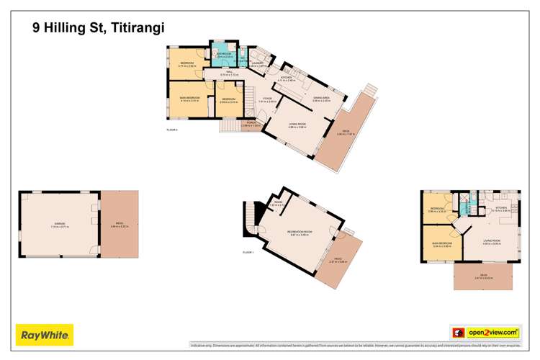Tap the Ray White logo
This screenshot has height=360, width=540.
[45, 334]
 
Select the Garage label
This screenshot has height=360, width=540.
[60, 224]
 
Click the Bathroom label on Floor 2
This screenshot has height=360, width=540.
[223, 54]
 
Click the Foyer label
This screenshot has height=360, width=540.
[267, 99]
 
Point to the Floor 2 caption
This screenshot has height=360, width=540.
[171, 130]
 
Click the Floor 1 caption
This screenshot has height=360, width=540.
[249, 253]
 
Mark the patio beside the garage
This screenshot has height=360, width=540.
[120, 225]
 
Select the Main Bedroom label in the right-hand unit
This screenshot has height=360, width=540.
[441, 243]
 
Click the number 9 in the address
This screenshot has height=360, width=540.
[36, 28]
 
